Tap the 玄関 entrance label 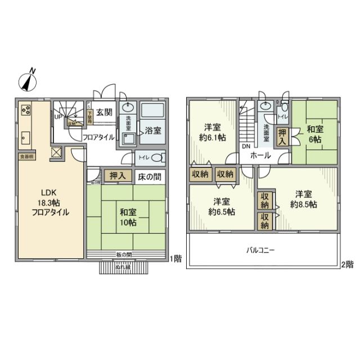103,112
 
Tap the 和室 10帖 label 127,217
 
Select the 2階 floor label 346,263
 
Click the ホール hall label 260,155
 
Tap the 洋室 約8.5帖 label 304,199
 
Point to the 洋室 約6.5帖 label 220,206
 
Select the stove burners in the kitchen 26,110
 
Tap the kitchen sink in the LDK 25,137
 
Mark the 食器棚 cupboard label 26,157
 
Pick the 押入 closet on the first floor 117,176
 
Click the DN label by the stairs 246,147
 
